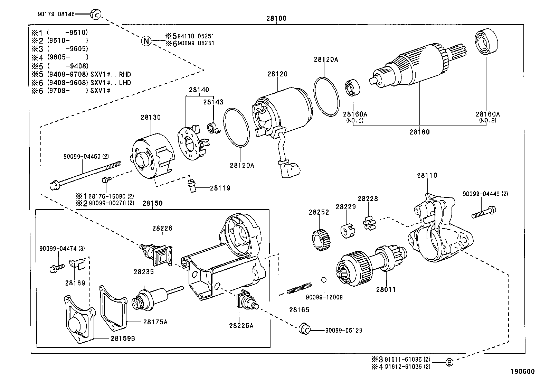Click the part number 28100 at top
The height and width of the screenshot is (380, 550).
click(276, 19)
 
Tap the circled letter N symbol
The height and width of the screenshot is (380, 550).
click(146, 41)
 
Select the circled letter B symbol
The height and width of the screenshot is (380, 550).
click(449, 362)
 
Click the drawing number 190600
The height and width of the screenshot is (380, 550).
click(523, 372)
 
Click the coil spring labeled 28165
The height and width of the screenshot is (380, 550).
click(299, 289)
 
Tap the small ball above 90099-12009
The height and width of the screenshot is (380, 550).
click(323, 279)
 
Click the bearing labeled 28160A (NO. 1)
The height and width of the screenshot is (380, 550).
click(353, 89)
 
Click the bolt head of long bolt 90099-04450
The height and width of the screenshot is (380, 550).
click(54, 185)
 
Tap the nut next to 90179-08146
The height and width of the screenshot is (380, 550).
click(95, 14)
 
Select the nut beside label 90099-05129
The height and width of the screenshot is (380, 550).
click(304, 330)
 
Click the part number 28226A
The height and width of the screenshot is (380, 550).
click(241, 325)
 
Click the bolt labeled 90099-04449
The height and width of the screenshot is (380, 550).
click(484, 212)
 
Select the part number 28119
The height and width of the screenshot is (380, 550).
click(220, 188)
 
